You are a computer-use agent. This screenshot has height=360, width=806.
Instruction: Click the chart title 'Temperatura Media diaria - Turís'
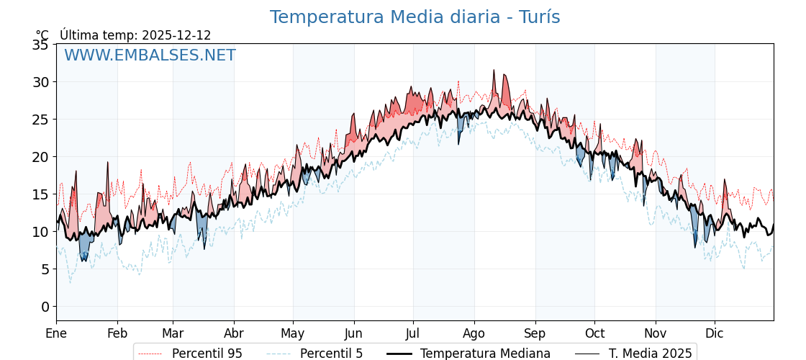click(415, 17)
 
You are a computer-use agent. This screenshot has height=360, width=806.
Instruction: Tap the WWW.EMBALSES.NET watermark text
click(150, 55)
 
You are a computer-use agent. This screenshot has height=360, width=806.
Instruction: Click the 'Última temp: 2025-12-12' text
click(135, 35)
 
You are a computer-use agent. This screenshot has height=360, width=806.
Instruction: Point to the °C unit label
click(42, 35)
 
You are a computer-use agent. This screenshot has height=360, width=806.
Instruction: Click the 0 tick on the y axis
click(45, 307)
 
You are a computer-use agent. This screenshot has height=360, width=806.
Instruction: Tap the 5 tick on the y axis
click(45, 269)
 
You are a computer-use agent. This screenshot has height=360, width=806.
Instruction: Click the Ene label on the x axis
click(56, 333)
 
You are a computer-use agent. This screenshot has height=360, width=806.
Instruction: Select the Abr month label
click(234, 333)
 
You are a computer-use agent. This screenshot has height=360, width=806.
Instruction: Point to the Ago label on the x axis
click(474, 333)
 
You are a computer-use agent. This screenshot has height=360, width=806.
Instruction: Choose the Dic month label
click(715, 333)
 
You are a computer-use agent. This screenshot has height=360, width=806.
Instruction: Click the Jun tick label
click(353, 333)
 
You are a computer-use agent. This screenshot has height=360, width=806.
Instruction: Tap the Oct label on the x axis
click(594, 333)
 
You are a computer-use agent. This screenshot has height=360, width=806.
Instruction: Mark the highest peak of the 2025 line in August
click(494, 70)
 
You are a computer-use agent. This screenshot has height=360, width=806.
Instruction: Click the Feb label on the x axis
click(117, 333)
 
